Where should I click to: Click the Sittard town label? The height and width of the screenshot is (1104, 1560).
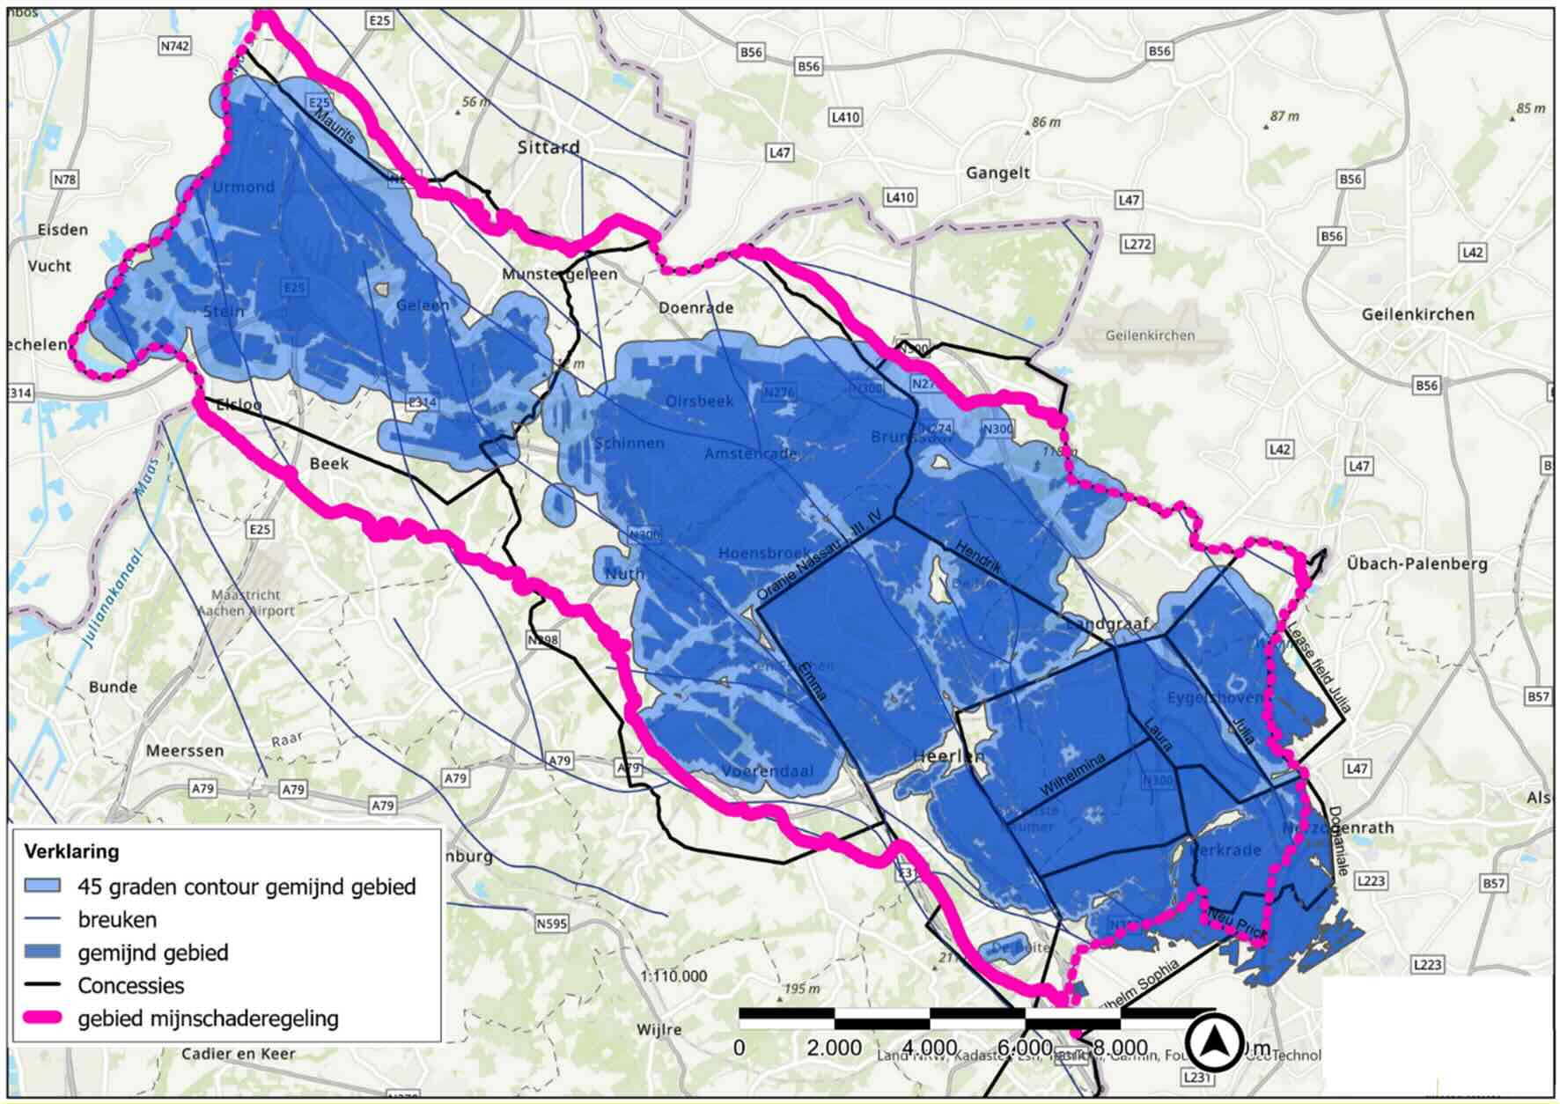[548, 147]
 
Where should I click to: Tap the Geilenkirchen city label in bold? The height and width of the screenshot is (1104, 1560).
[1417, 314]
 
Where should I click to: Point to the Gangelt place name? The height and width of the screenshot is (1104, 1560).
[997, 173]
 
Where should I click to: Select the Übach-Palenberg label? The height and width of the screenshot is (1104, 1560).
[1417, 563]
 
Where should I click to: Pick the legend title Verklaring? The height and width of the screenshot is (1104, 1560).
[71, 852]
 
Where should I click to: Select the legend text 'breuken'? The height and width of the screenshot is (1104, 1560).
[117, 919]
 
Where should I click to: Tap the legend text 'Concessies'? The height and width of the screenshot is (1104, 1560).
[131, 985]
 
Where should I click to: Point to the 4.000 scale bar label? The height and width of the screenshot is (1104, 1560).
[930, 1048]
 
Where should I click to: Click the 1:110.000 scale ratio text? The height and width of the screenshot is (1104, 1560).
[673, 975]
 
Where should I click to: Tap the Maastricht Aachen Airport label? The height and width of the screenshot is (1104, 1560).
[246, 603]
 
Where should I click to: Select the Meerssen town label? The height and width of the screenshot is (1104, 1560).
[185, 751]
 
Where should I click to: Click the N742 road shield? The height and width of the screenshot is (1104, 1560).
[175, 47]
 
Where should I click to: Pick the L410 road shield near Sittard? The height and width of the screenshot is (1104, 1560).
[845, 117]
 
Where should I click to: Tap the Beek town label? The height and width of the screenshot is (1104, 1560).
[328, 463]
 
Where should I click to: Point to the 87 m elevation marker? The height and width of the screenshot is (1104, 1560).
[1284, 116]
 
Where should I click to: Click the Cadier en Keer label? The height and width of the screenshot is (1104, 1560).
[239, 1053]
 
